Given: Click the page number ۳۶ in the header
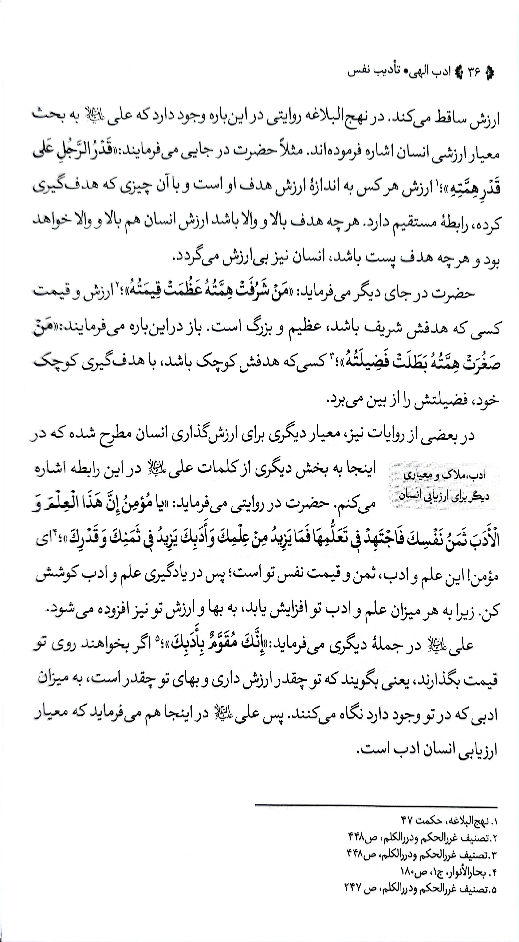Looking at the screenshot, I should (x=472, y=72).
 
